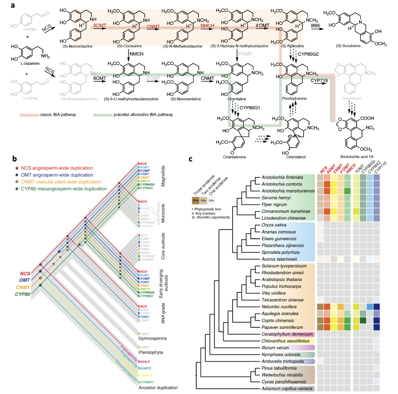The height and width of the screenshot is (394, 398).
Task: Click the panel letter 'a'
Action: coord(13,5)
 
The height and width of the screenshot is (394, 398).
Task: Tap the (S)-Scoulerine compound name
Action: coord(348,46)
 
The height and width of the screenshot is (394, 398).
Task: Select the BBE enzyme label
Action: coord(316,26)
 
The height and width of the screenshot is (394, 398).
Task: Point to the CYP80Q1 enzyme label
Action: coord(250,108)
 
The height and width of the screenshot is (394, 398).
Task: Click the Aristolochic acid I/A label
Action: coord(357,157)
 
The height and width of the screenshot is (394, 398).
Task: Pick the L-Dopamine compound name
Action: coord(30,64)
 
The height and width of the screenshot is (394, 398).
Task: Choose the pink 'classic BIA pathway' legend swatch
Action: coord(29,115)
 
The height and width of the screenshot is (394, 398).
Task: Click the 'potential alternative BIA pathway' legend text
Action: coord(143,115)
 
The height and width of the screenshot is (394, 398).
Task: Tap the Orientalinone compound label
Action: coord(234,157)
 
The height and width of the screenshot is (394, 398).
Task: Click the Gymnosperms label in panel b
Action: coord(152,338)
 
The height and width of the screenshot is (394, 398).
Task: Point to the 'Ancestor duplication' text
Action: coord(158,388)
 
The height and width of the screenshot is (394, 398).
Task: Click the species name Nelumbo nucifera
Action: coord(279,307)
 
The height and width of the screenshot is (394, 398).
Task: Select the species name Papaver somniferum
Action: coord(282,327)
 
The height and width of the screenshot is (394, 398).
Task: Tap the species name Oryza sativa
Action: coord(274,225)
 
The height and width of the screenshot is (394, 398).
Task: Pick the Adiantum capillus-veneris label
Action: coord(287,389)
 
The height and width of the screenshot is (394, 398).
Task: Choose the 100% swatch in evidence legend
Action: coord(195,201)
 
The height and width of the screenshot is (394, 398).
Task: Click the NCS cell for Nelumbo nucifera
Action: coord(320,307)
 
